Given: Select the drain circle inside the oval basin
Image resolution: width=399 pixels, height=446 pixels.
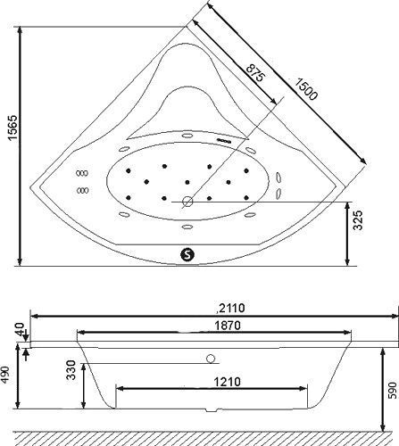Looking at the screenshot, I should (x=187, y=201).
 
